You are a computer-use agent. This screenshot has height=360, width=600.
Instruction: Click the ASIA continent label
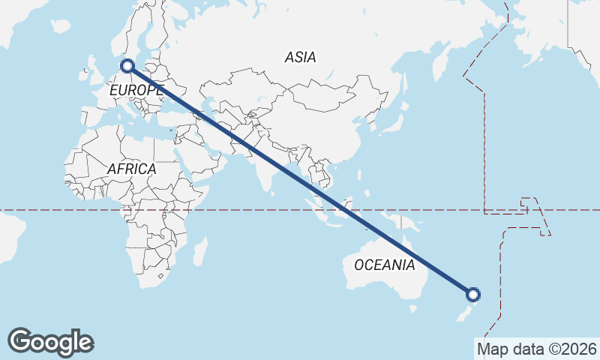click(x=300, y=57)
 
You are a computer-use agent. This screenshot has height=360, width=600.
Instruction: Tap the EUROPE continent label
click(x=136, y=91)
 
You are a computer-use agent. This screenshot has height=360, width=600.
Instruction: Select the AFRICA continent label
click(x=131, y=169)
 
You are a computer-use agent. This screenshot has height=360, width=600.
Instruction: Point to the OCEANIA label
click(x=384, y=265)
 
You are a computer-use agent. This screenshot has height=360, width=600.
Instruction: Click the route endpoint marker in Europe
click(x=127, y=66)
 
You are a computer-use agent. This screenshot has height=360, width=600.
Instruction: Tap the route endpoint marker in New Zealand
click(x=473, y=294)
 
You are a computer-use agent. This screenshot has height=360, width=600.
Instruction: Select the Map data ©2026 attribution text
click(x=537, y=349)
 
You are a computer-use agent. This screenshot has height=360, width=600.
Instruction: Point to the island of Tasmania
click(x=412, y=308)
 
